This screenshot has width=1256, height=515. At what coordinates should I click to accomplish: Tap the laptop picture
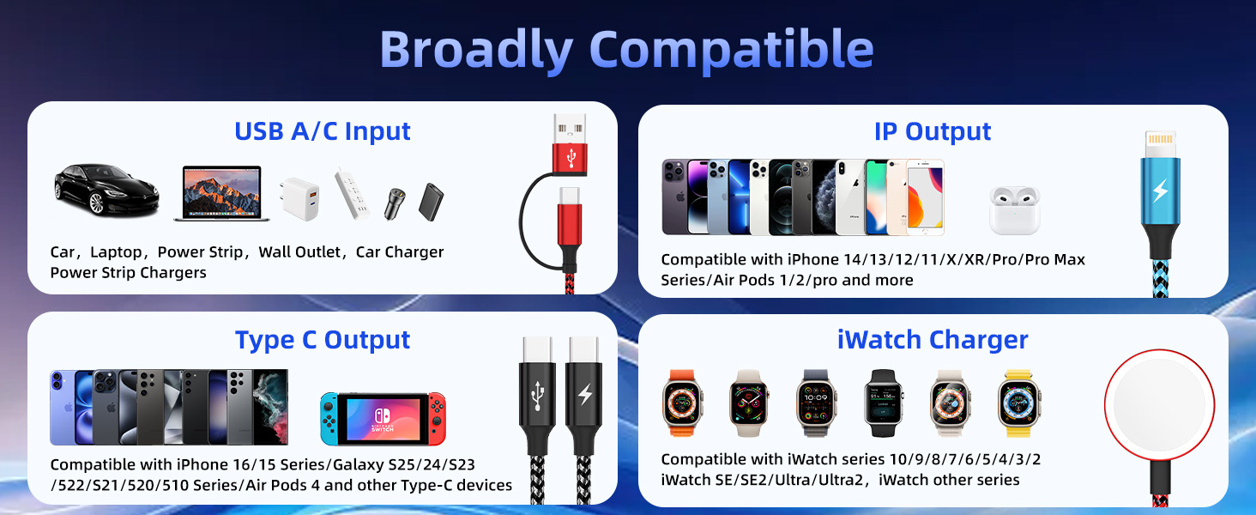tap(221, 193)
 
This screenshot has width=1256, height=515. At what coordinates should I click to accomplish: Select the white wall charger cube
tap(298, 200)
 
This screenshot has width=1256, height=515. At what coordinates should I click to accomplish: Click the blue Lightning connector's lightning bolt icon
tap(1160, 191)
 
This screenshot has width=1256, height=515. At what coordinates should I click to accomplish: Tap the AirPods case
tap(1014, 209)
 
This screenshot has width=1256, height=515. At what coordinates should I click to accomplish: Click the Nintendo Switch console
tap(383, 418)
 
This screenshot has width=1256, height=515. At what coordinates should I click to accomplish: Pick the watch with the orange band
tap(682, 403)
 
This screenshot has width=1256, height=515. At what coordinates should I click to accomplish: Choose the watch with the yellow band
tap(1019, 403)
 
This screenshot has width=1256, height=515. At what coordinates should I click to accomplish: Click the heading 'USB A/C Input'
tap(323, 131)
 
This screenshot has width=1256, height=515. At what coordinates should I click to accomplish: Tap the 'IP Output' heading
tap(933, 131)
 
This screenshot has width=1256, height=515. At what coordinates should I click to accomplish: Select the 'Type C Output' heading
tap(323, 340)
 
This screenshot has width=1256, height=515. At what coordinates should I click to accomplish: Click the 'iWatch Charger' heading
tap(933, 340)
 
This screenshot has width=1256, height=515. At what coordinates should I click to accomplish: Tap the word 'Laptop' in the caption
tap(116, 252)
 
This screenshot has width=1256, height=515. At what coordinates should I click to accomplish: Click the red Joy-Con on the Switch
tap(438, 418)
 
